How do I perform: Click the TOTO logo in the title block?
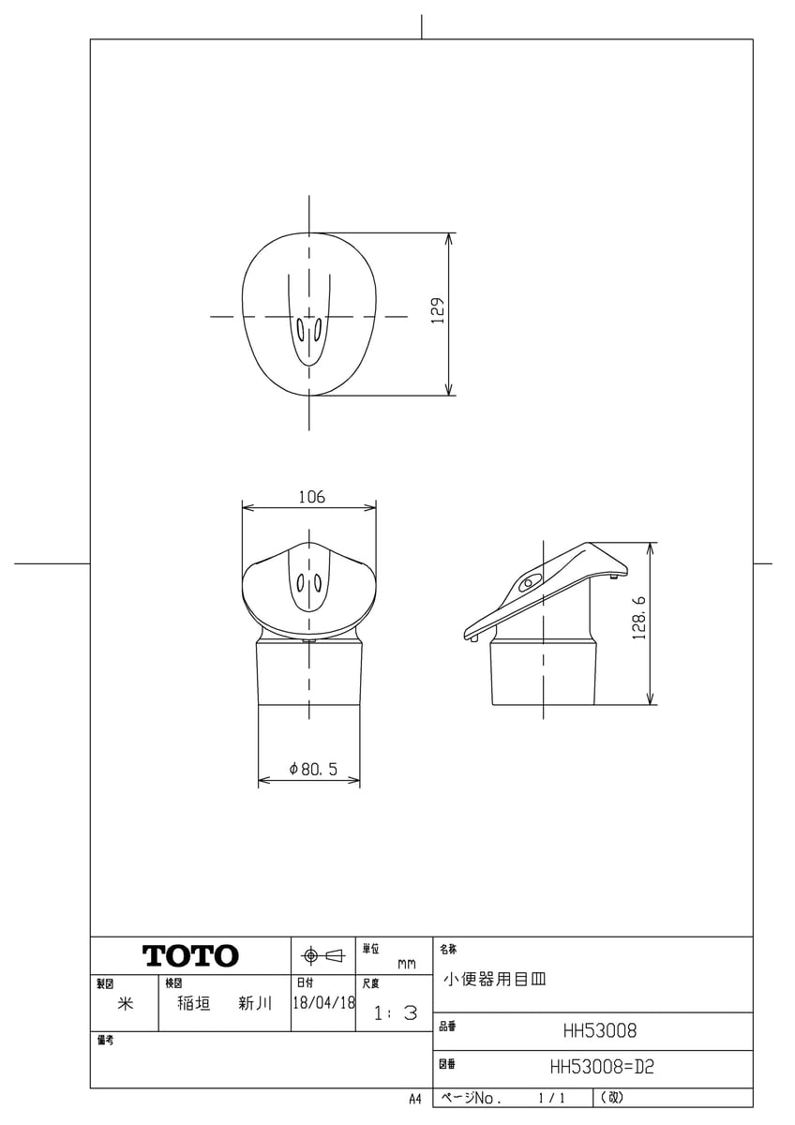point(190,956)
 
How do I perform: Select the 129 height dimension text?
point(437,311)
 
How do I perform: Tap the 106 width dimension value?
point(311,498)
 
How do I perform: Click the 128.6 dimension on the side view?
point(639,621)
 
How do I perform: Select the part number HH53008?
point(599,1031)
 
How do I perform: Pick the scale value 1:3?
point(395,1013)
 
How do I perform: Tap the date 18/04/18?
point(323,1003)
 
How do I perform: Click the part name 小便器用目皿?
point(494,980)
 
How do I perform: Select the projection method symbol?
point(322,956)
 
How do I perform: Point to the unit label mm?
point(406,964)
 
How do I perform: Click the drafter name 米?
point(124,1003)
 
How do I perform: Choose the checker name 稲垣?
point(194,1003)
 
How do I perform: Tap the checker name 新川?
point(254,1003)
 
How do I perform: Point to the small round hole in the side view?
point(527,583)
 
